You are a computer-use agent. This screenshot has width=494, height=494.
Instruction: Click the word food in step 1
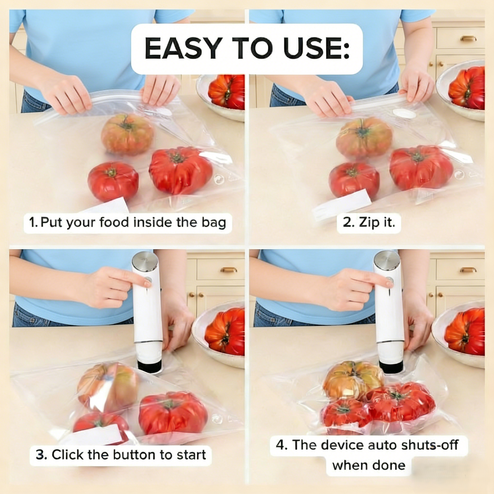(x=115, y=223)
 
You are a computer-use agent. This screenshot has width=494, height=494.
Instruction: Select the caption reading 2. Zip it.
(x=369, y=223)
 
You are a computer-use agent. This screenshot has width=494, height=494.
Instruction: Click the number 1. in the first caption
(x=34, y=223)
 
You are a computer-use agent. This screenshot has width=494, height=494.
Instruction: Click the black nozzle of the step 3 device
(x=150, y=366)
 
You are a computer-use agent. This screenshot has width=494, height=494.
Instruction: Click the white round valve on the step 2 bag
(x=404, y=113)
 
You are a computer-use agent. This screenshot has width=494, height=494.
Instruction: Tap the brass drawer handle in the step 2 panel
(x=468, y=38)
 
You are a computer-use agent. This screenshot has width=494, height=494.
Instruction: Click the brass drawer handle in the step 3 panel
(x=229, y=270)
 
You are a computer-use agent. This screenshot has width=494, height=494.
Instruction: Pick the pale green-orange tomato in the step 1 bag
(x=127, y=134)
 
